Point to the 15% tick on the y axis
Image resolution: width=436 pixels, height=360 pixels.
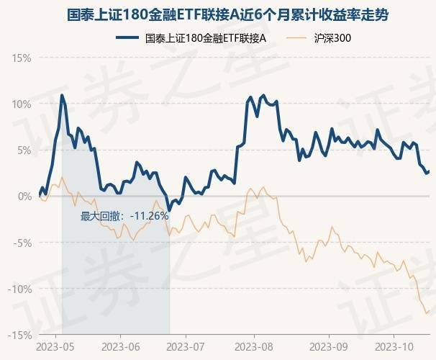point(21,57)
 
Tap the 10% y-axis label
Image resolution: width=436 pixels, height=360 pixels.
point(21,104)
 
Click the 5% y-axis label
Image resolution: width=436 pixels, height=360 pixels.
point(24,150)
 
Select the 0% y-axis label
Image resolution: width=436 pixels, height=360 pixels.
point(24,196)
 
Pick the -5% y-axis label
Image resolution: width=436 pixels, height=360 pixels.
point(22,243)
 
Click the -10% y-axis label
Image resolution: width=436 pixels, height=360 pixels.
point(20,289)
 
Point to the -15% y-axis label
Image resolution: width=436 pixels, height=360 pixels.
point(20,335)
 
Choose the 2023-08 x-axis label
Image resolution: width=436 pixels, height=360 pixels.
point(255,347)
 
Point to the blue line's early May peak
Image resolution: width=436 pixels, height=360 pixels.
point(62,95)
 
